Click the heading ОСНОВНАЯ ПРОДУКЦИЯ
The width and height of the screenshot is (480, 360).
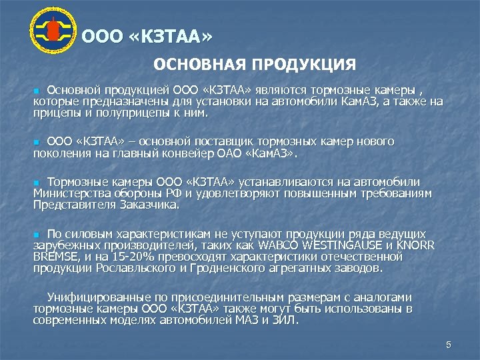click(255, 65)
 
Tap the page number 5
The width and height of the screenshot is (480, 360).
click(448, 345)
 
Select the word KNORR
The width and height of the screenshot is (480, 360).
click(415, 245)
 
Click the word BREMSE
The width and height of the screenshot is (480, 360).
click(56, 256)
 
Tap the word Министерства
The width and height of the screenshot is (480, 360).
click(68, 193)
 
